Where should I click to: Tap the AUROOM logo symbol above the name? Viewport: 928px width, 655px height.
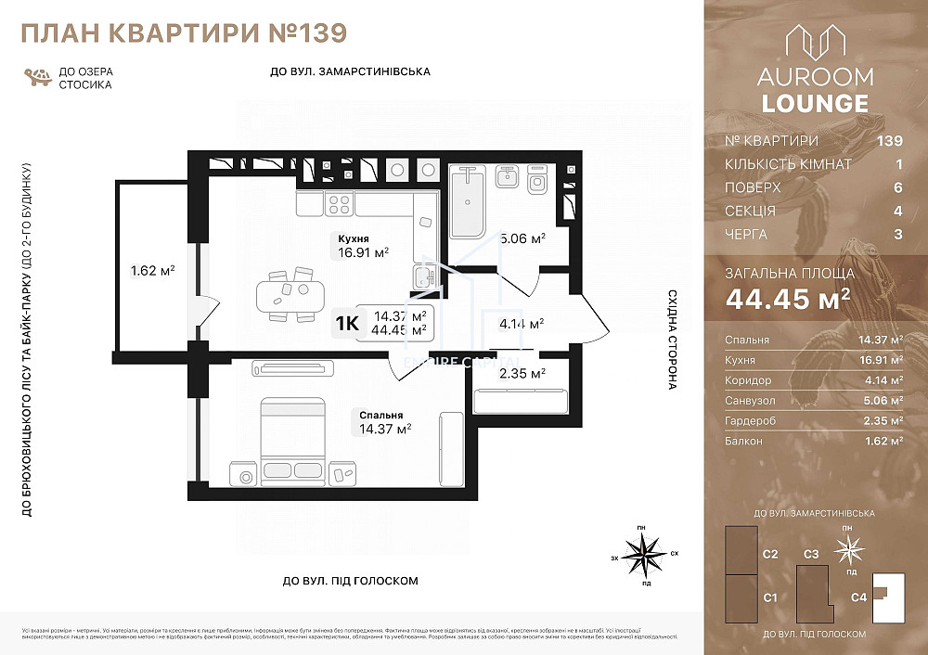tap(815, 46)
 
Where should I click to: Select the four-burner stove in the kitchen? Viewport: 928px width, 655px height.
tap(339, 203)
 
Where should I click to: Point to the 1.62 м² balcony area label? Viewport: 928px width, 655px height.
tap(153, 271)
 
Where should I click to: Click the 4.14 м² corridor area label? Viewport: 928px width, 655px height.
tap(521, 324)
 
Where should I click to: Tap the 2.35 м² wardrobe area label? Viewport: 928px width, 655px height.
tap(521, 373)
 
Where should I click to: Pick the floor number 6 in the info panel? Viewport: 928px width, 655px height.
tap(897, 187)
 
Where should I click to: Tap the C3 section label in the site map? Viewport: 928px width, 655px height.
tap(810, 554)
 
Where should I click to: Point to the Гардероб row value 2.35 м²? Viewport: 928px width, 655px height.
tap(883, 421)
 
